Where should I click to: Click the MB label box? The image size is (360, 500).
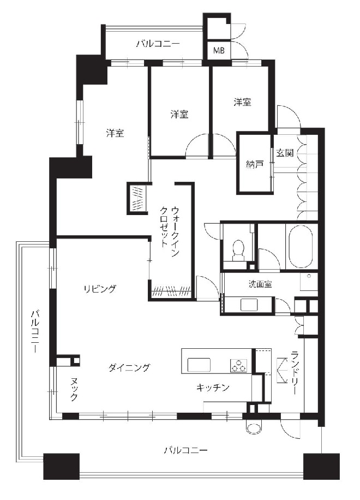pos(219,50)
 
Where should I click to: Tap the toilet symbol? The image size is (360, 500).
pos(238,249)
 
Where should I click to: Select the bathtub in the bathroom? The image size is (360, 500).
pos(301,247)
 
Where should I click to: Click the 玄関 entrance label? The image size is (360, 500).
pos(285,153)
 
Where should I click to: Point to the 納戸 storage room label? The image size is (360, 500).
pos(255,164)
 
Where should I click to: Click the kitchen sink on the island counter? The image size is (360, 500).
pos(199,365)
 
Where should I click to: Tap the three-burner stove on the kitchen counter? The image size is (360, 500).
pos(238,366)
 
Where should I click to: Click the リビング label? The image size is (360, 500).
pos(100,289)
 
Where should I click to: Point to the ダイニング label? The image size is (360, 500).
pos(129,367)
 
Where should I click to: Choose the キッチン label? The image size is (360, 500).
pos(213,388)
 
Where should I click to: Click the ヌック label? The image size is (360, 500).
pos(74,389)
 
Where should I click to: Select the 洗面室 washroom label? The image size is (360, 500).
pos(260,284)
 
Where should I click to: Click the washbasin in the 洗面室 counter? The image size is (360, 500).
pos(250,305)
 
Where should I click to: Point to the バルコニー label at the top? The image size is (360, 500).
pos(158,43)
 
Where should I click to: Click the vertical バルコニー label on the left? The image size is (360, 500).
pos(35,330)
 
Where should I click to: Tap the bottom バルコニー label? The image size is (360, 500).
pos(186,450)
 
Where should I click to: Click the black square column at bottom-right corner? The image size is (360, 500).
pos(321,467)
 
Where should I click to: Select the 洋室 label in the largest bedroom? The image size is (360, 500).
pos(115,133)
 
